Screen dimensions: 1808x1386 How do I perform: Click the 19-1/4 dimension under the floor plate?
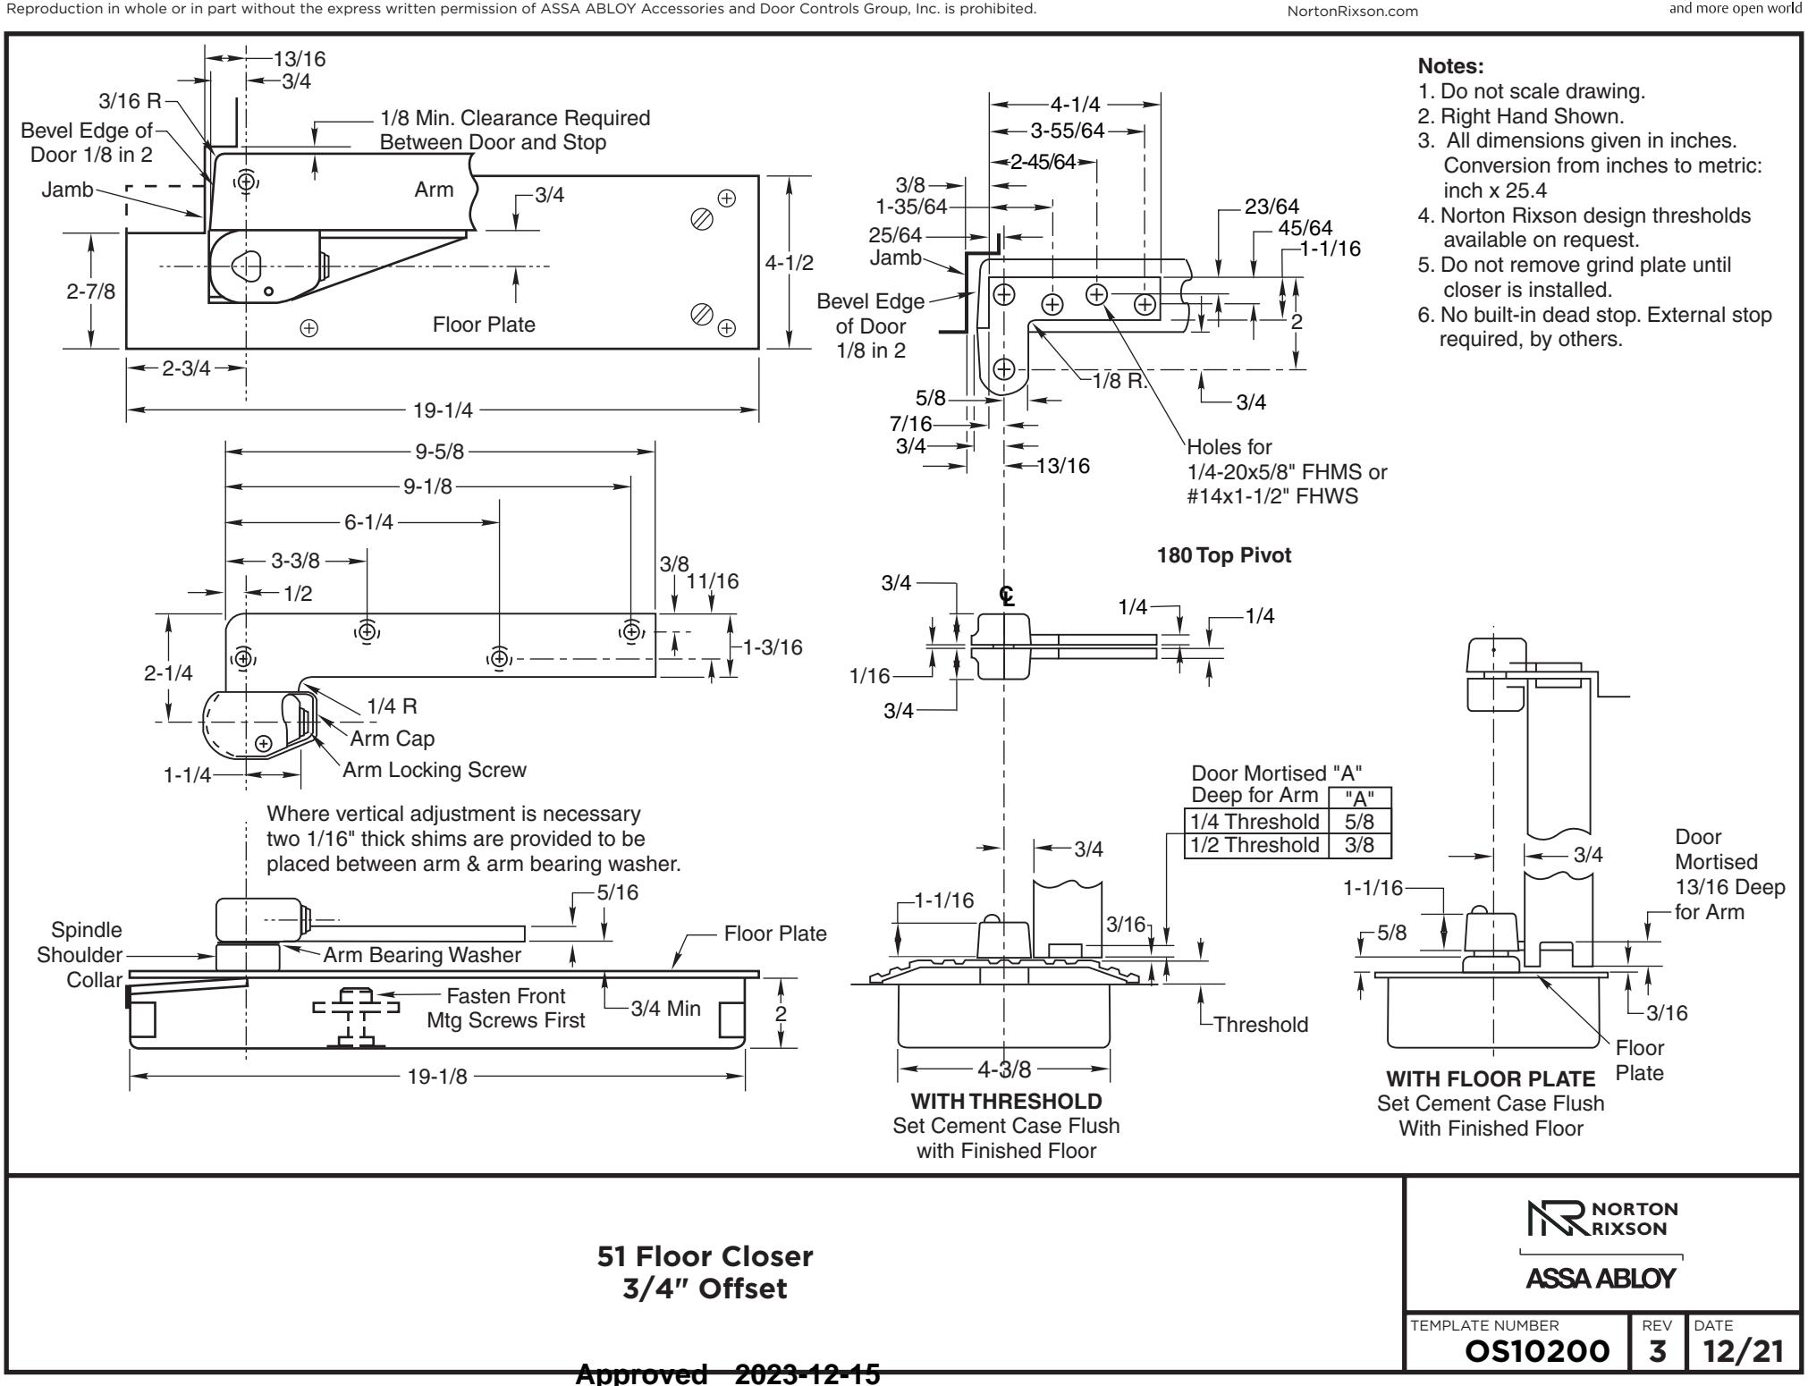(x=443, y=410)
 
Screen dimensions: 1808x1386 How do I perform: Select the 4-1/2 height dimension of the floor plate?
(x=790, y=262)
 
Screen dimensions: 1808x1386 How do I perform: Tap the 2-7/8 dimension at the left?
(x=91, y=292)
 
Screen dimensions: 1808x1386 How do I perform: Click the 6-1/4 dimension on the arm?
(x=368, y=523)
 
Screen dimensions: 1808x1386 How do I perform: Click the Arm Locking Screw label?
(x=435, y=770)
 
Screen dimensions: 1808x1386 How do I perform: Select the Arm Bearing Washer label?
(x=422, y=955)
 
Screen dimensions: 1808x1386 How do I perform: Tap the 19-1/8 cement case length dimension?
(x=437, y=1077)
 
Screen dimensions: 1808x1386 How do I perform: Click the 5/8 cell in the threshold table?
(x=1359, y=821)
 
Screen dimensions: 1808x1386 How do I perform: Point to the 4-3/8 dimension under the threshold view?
(x=1005, y=1069)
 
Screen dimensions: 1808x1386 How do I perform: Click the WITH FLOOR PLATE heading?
(x=1491, y=1079)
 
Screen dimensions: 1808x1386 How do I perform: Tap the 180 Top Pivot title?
(x=1224, y=555)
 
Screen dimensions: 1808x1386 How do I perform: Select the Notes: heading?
(x=1451, y=66)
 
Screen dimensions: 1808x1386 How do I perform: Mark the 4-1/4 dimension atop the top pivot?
(x=1076, y=106)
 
